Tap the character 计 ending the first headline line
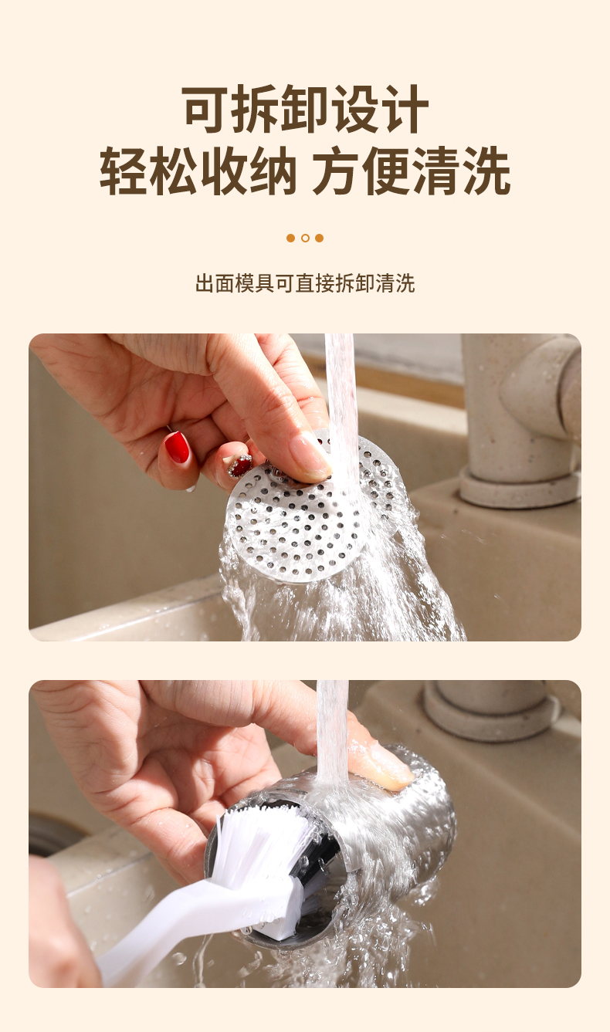[x=404, y=110]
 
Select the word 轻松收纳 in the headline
[x=198, y=170]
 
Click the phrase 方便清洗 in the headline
[x=412, y=170]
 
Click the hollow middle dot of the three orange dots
[x=305, y=239]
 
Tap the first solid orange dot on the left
[x=291, y=239]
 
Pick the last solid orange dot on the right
[x=319, y=239]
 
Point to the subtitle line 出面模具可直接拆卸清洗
[x=305, y=283]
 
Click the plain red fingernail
[x=177, y=447]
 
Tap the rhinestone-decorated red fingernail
[x=240, y=465]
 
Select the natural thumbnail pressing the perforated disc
[x=308, y=456]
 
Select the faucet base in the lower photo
[x=491, y=710]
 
